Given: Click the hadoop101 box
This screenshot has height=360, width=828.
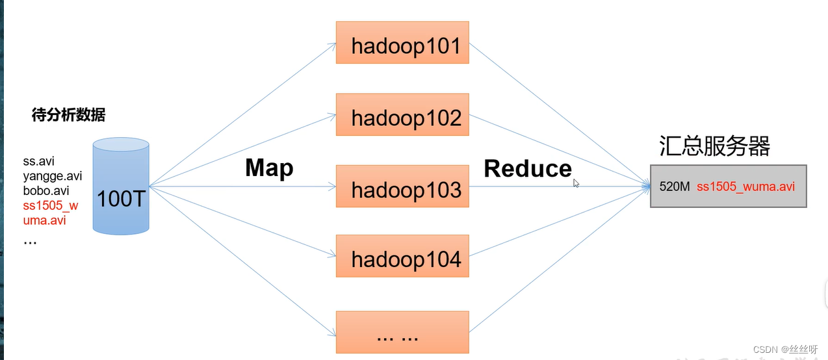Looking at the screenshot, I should pyautogui.click(x=402, y=43).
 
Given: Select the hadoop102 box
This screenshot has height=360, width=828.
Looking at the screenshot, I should pyautogui.click(x=402, y=115).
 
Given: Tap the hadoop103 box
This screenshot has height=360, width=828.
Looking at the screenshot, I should pyautogui.click(x=402, y=186).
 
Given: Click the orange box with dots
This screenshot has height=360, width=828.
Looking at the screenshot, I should pyautogui.click(x=402, y=333).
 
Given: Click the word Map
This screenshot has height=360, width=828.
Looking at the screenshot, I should pyautogui.click(x=269, y=168).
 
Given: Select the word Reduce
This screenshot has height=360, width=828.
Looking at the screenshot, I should pyautogui.click(x=528, y=169).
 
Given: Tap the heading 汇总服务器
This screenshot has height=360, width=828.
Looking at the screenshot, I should pyautogui.click(x=714, y=146).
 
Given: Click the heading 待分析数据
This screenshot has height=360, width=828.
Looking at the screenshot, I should pyautogui.click(x=68, y=116).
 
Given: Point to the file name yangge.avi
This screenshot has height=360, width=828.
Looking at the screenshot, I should pyautogui.click(x=53, y=177).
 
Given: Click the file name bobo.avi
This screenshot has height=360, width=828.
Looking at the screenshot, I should pyautogui.click(x=46, y=191).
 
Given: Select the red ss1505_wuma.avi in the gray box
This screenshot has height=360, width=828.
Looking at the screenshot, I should pyautogui.click(x=745, y=186).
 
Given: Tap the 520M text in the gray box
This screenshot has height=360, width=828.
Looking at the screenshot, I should pyautogui.click(x=674, y=186).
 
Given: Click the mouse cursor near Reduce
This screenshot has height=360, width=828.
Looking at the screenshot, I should pyautogui.click(x=576, y=183).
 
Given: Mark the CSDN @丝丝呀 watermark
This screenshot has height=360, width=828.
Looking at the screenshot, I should pyautogui.click(x=785, y=350).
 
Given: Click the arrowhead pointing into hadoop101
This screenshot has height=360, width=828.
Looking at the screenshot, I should pyautogui.click(x=332, y=45).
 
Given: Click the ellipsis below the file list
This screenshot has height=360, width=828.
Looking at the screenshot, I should pyautogui.click(x=30, y=240).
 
